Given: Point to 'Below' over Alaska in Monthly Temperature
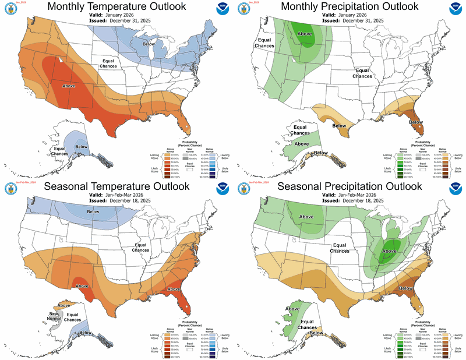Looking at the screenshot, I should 82,147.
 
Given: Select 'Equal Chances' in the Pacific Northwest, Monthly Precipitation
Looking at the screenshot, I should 262,42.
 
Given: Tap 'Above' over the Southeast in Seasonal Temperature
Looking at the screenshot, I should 174,288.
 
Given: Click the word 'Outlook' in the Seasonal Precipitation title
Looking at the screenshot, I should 398,187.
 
